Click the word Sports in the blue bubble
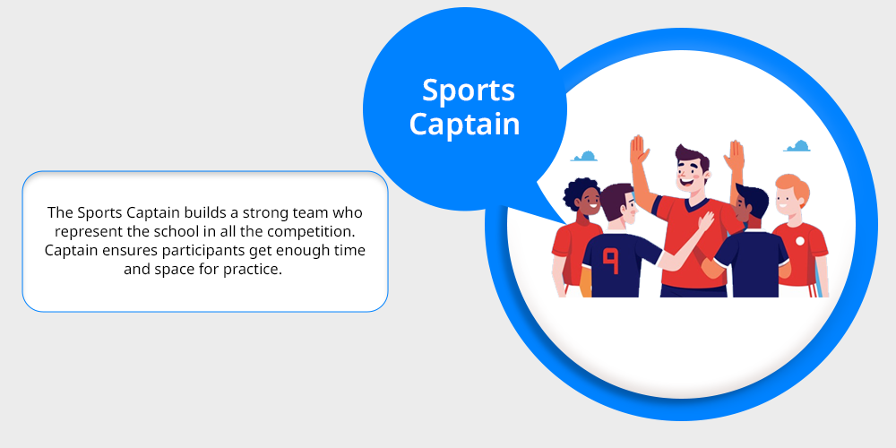coord(469,91)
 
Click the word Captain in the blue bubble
coord(464,124)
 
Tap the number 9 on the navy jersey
coord(611,261)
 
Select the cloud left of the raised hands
coord(584,156)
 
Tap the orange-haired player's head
coord(791,194)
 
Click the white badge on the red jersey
coord(800,241)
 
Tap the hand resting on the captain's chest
coord(706,221)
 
